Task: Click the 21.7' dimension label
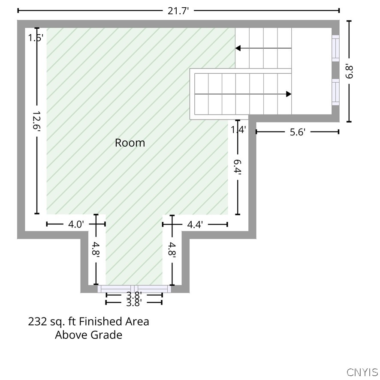click(x=178, y=11)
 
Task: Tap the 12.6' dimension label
click(x=36, y=121)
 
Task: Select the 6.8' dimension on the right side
click(x=349, y=72)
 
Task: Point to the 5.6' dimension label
click(x=298, y=132)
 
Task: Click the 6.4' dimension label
click(x=237, y=167)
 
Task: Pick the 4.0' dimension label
click(x=76, y=224)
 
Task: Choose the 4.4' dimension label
click(x=195, y=225)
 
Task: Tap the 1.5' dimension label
click(x=36, y=38)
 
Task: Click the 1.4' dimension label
click(x=238, y=130)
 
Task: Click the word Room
click(x=130, y=143)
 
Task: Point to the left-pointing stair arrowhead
click(x=238, y=48)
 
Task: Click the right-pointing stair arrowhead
click(x=289, y=94)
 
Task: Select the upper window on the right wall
click(x=335, y=48)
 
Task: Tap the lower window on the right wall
click(x=335, y=92)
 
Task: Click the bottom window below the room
click(x=134, y=289)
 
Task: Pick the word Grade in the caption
click(x=107, y=335)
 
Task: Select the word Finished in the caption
click(x=101, y=322)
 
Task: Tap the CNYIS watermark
click(x=362, y=372)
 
